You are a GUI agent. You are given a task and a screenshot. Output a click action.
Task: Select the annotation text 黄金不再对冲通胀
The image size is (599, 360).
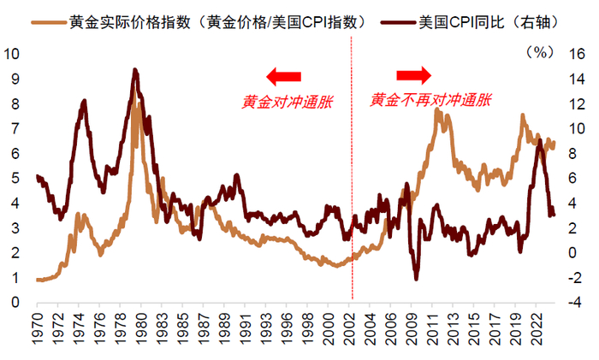click(430, 100)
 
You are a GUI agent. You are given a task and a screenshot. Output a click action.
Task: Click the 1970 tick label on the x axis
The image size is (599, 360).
click(39, 329)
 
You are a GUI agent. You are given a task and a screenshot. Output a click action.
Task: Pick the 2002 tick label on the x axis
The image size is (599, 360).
click(352, 329)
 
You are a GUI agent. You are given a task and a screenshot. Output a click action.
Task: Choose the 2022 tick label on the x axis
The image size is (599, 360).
click(537, 329)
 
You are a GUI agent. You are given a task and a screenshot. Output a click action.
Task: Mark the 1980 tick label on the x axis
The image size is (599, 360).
click(137, 329)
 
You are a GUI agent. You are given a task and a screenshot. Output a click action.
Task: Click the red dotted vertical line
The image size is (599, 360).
click(352, 171)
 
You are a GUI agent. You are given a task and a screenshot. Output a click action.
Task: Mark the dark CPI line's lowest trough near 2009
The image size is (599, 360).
click(417, 278)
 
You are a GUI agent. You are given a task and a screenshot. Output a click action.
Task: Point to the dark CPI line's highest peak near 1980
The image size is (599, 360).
click(134, 71)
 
